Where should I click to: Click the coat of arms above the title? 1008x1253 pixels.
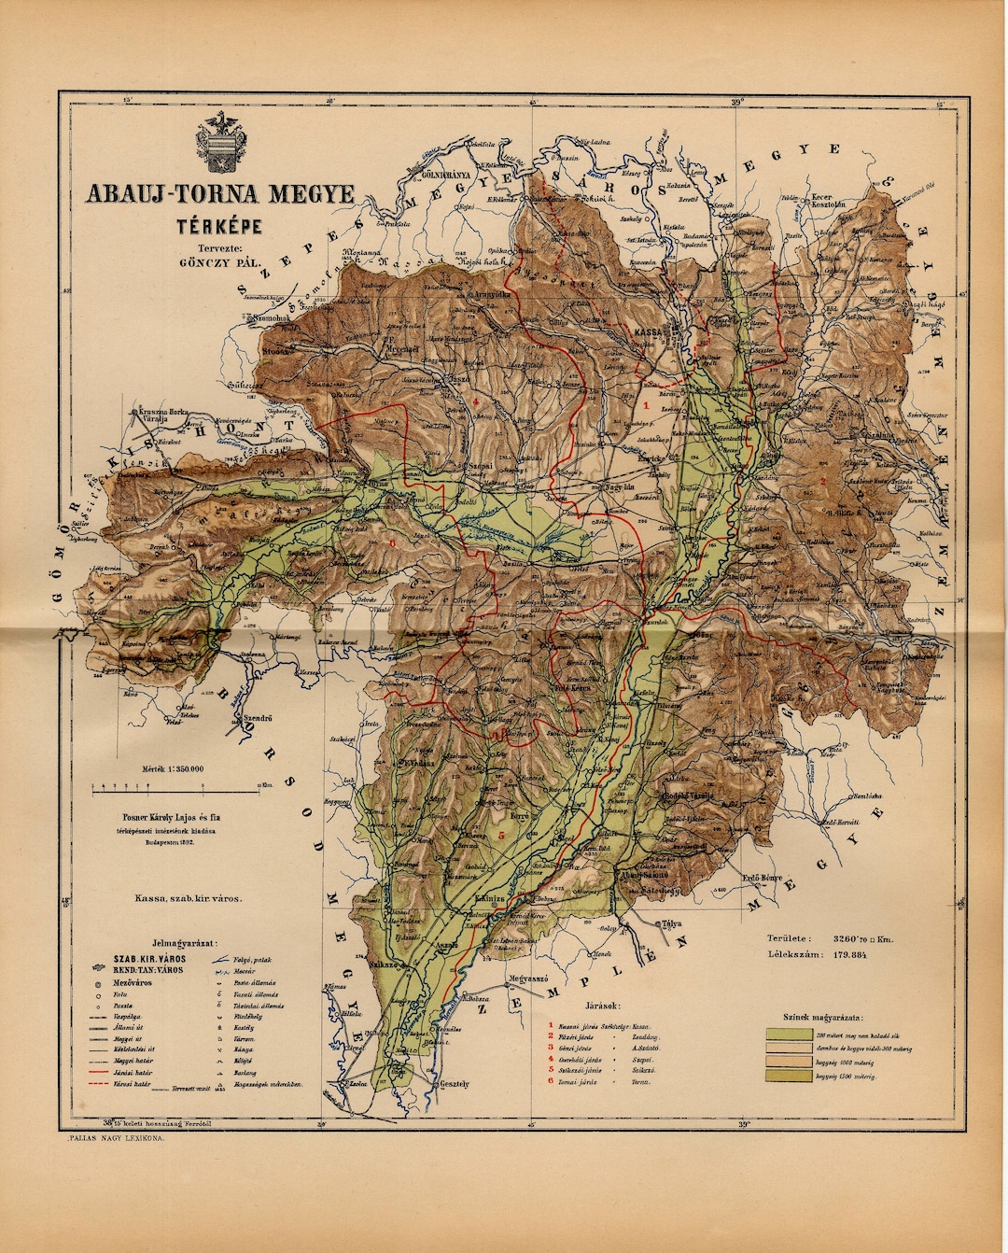coord(221,144)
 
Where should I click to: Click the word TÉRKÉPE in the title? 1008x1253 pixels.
coord(220,225)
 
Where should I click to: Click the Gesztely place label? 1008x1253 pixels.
coord(453,1084)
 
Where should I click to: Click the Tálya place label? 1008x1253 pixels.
coord(670,923)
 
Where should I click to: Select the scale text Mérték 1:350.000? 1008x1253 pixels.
coord(173,768)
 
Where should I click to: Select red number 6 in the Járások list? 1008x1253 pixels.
coord(551,1081)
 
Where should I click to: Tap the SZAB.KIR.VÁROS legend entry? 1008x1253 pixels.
coord(149,959)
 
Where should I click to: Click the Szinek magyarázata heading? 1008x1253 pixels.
coord(823,1018)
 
